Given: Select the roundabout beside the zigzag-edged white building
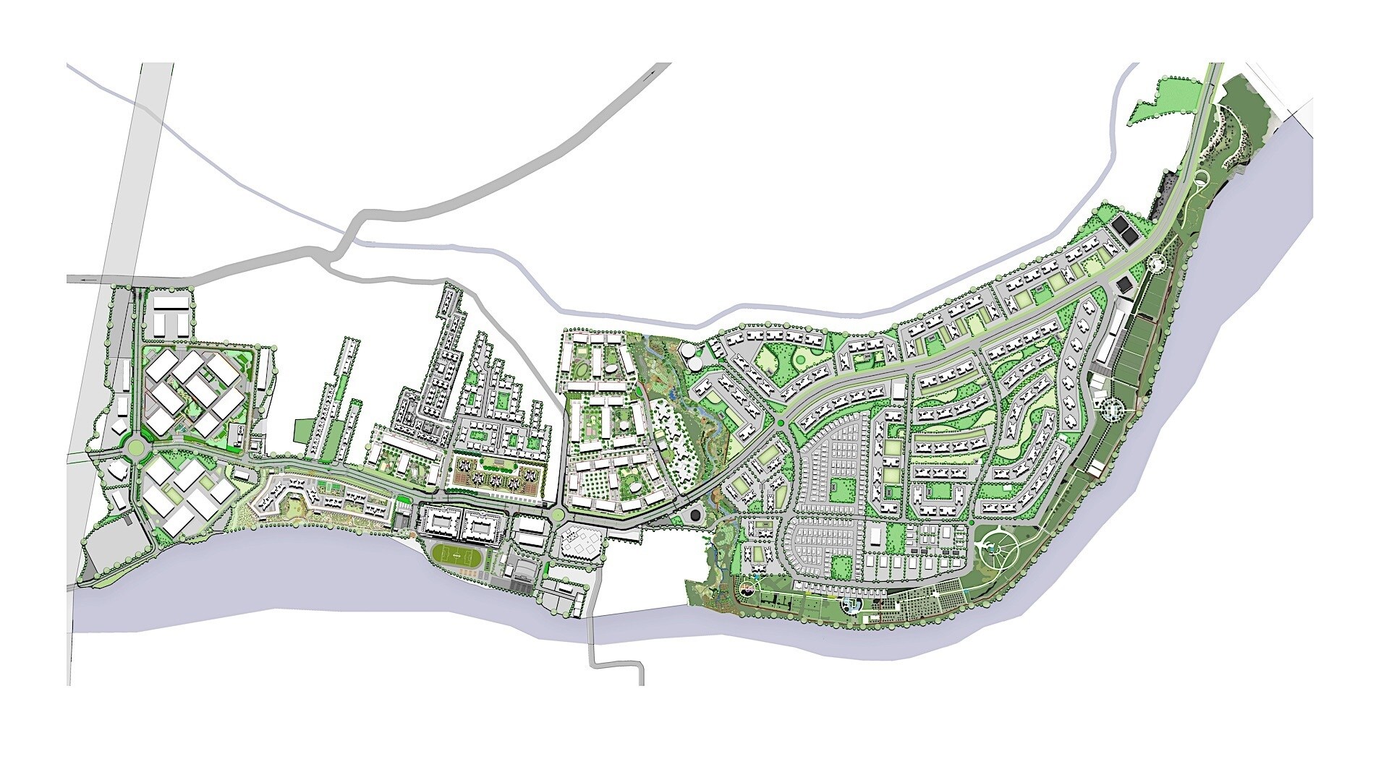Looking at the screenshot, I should click(558, 515).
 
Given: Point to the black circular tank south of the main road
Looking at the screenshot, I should click(694, 516).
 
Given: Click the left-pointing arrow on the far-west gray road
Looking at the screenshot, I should click(88, 279).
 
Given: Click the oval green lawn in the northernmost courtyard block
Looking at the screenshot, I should click(582, 370).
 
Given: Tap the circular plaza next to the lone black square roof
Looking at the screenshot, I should click(1155, 265).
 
